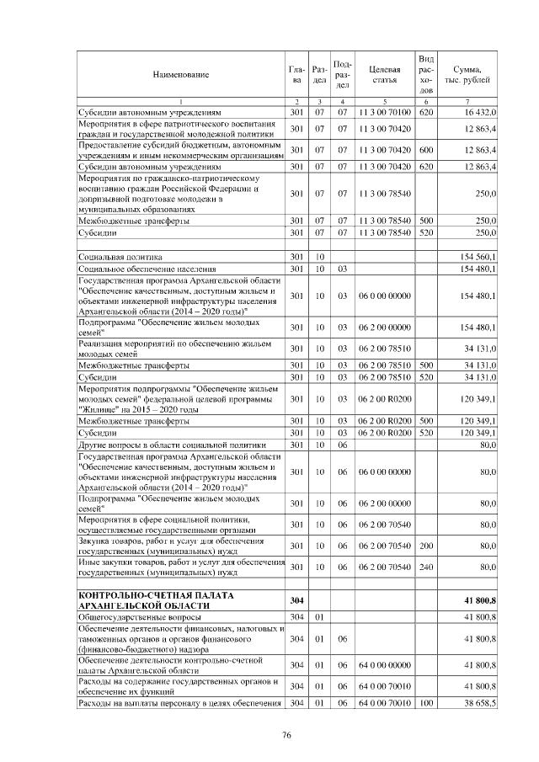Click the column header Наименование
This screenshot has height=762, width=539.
coord(180,75)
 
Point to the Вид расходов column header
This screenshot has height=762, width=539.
coord(426,74)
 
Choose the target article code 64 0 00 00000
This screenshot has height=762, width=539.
coord(383,665)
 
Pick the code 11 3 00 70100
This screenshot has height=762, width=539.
coord(383,111)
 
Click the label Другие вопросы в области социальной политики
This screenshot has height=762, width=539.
coord(172,445)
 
